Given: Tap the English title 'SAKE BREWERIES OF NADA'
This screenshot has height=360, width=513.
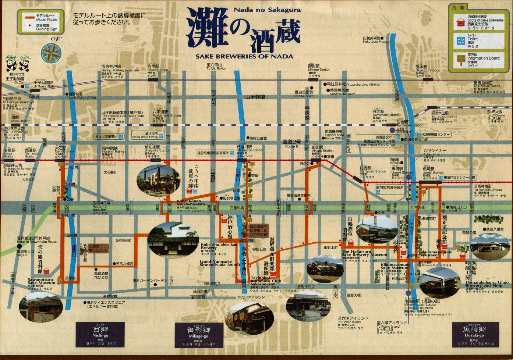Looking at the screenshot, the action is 244,57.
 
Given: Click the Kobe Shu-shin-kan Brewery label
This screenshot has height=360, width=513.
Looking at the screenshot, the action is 219,246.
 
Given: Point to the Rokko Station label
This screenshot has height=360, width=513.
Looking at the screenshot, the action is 157,69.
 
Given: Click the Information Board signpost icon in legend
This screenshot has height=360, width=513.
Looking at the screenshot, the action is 460,60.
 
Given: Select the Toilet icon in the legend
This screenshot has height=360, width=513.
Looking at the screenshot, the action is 460,41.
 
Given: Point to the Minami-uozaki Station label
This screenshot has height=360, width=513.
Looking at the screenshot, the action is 421,304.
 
